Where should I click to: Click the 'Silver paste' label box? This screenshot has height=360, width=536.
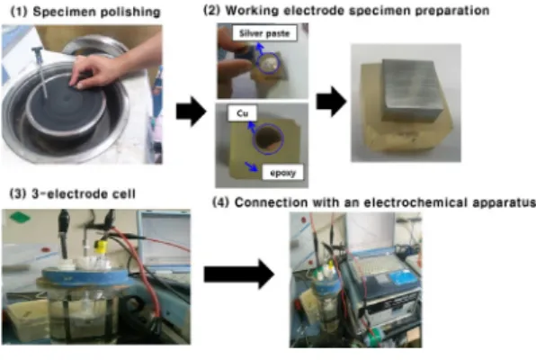click(x=264, y=33)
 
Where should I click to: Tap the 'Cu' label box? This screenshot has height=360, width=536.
click(x=242, y=113)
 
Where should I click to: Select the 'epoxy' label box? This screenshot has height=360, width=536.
click(x=282, y=173)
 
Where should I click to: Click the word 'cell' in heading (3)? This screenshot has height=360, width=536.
click(x=124, y=193)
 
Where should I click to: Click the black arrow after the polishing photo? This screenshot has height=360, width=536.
click(x=191, y=112)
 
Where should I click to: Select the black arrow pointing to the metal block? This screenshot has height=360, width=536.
click(x=331, y=102)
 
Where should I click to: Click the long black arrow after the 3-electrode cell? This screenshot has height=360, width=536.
click(x=239, y=274)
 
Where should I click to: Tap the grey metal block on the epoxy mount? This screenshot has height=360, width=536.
click(x=412, y=91)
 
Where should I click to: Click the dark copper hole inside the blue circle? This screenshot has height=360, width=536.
click(x=268, y=139)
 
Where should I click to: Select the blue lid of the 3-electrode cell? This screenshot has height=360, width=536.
click(x=85, y=275)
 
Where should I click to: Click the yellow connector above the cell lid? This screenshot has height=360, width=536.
click(x=101, y=247)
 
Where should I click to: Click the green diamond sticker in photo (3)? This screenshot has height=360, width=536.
click(x=20, y=217)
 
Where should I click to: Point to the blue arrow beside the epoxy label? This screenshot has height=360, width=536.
click(x=252, y=166)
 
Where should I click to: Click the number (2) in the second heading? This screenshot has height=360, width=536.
click(x=212, y=10)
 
